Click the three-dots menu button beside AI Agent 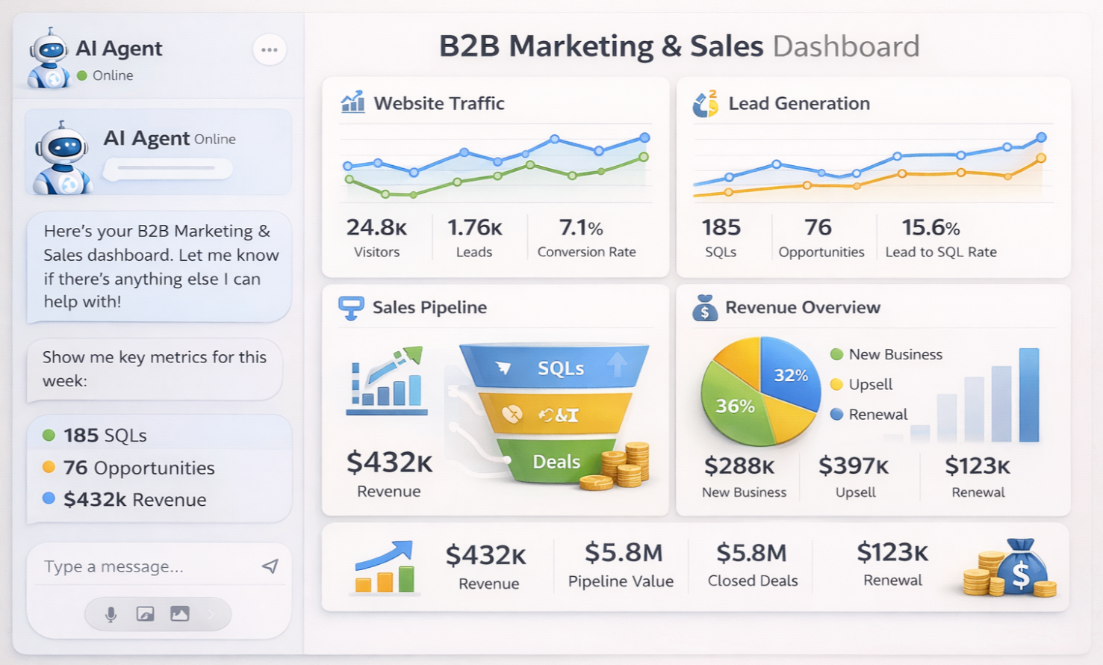click(x=270, y=50)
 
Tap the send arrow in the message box click(x=270, y=566)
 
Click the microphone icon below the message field click(x=111, y=614)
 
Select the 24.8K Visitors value click(x=376, y=227)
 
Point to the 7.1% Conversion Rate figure click(x=580, y=227)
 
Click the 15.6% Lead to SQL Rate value click(x=930, y=227)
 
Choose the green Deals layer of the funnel click(x=556, y=462)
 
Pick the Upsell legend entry click(x=869, y=384)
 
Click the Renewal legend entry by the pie click(x=877, y=414)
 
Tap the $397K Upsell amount click(x=854, y=466)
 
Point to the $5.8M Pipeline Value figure click(x=623, y=553)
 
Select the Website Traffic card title click(x=438, y=103)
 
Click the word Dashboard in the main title click(x=845, y=46)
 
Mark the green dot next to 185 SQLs click(x=49, y=435)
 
